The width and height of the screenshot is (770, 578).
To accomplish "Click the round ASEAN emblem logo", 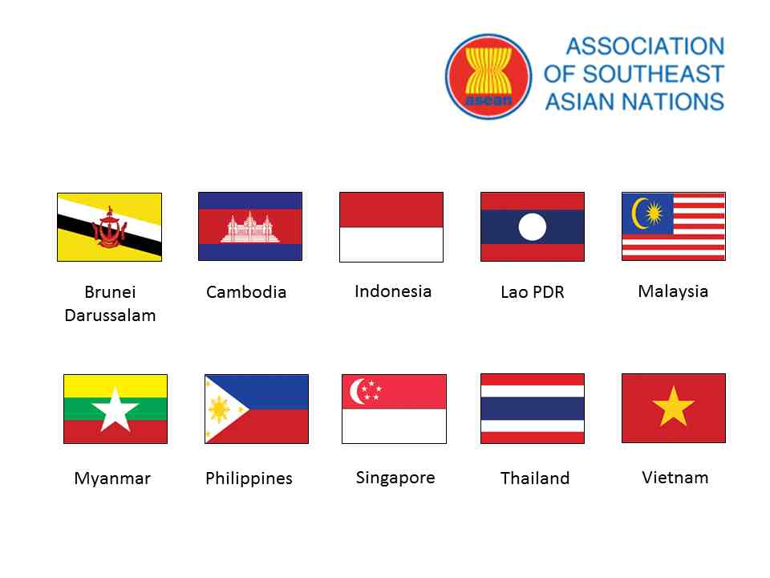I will click(488, 76).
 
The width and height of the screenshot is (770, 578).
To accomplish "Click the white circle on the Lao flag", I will click(532, 227).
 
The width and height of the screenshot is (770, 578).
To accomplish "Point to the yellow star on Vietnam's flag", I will click(673, 407).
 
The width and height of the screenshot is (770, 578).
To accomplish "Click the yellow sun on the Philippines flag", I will click(219, 409).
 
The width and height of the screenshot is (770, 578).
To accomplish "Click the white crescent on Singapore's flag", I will click(358, 391).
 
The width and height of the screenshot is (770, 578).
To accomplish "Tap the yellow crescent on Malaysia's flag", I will click(638, 213).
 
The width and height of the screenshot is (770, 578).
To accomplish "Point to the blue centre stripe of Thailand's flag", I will click(532, 409).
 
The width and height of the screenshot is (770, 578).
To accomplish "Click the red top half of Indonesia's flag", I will click(391, 210).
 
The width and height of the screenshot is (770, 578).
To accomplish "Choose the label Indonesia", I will click(393, 291).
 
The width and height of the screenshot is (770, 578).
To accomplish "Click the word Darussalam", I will click(110, 315).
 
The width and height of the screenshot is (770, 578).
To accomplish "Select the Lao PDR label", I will click(533, 292).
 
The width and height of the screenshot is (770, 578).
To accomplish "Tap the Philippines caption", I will click(249, 478).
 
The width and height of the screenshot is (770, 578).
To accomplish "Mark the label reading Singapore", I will click(395, 478).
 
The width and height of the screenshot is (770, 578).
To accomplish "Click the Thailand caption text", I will click(535, 478).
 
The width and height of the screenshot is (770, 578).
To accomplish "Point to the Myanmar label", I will click(112, 478).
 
